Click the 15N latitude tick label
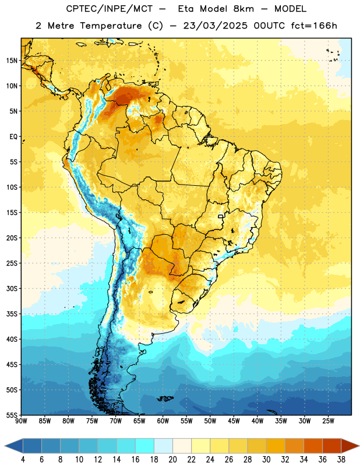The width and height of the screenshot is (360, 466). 12,61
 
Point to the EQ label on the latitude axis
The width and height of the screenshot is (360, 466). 13,137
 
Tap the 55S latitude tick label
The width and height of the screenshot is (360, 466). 12,415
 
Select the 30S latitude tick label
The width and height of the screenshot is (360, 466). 12,288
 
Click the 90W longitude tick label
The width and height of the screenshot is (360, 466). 22,421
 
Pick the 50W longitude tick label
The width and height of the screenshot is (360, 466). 210,421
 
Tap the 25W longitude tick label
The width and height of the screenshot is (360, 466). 328,421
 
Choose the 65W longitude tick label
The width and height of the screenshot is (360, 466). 139,421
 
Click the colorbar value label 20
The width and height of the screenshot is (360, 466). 172,460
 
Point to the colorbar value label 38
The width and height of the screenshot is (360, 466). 341,460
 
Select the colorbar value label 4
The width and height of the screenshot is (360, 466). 23,460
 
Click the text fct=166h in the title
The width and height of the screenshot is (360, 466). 314,26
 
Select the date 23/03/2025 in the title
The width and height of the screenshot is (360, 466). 215,26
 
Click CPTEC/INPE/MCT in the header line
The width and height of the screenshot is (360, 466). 110,9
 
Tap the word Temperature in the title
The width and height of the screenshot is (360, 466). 111,26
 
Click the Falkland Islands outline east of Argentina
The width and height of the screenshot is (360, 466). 165,398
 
